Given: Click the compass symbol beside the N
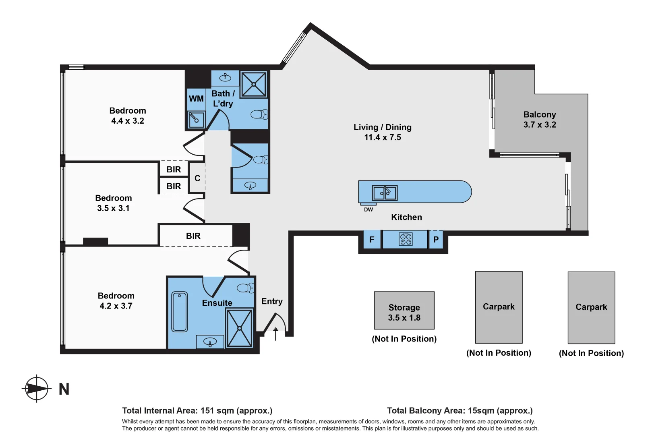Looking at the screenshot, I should [37, 389].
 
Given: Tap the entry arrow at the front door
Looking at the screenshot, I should [275, 334].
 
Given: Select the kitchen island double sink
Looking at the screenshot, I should [385, 193].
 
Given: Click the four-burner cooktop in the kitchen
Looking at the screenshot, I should [406, 239].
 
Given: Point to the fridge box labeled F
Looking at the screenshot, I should [372, 240].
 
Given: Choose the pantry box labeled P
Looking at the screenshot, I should [436, 240].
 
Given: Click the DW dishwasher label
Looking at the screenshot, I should [368, 209].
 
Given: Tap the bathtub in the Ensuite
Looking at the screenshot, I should [180, 312].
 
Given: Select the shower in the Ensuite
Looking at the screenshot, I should [240, 328].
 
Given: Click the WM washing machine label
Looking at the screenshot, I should [196, 99].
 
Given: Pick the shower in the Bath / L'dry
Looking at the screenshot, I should [254, 85].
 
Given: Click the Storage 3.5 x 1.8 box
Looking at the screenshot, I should [404, 311].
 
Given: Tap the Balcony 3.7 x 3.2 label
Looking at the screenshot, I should [539, 120].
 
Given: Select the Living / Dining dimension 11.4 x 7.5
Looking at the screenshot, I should [383, 137].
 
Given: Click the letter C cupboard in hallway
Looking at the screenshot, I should [197, 178].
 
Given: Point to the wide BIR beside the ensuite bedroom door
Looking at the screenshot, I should [193, 236].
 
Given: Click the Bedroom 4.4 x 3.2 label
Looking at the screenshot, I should [128, 116].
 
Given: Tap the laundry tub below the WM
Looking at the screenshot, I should [196, 120].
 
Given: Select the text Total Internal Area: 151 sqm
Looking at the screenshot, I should [197, 410].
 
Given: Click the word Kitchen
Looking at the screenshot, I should [406, 217].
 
